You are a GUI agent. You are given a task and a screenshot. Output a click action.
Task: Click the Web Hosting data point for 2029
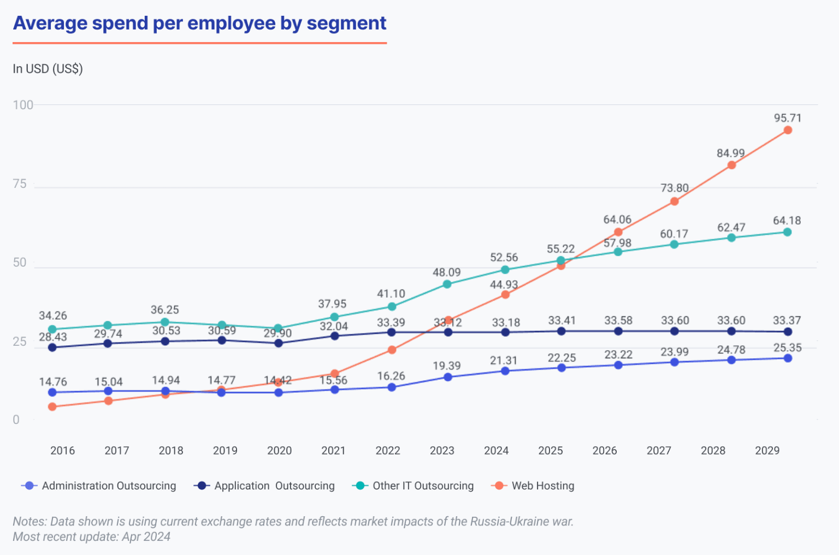(788, 130)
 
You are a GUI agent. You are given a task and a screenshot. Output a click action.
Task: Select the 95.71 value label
(787, 118)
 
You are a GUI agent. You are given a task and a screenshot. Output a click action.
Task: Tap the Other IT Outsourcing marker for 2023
(447, 284)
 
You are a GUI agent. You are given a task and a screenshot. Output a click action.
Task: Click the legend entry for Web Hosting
(542, 486)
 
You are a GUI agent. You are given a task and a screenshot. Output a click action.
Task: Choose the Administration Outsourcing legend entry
(109, 486)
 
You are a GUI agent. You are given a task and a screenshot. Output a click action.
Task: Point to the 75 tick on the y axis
(20, 184)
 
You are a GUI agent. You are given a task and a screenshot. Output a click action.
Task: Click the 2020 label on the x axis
(279, 451)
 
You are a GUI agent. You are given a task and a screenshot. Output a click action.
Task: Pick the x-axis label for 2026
(605, 451)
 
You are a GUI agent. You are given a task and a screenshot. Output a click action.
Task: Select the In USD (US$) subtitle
(48, 69)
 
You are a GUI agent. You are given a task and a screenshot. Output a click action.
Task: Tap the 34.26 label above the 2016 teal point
(53, 316)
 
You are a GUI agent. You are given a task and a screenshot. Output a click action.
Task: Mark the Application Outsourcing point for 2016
(52, 347)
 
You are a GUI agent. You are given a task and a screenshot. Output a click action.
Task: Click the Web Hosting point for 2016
(52, 406)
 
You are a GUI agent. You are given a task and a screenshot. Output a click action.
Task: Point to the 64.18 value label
(787, 221)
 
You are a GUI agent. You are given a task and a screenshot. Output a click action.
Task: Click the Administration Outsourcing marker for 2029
(788, 358)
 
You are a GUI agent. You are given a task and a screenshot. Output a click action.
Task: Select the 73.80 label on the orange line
(674, 188)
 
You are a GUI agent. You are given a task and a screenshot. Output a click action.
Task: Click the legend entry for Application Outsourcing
(274, 486)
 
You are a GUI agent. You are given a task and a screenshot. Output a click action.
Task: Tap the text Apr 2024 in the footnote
(146, 536)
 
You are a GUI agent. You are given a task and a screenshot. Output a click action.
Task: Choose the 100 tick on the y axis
(23, 105)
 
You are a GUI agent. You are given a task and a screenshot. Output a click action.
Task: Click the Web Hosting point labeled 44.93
(505, 294)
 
